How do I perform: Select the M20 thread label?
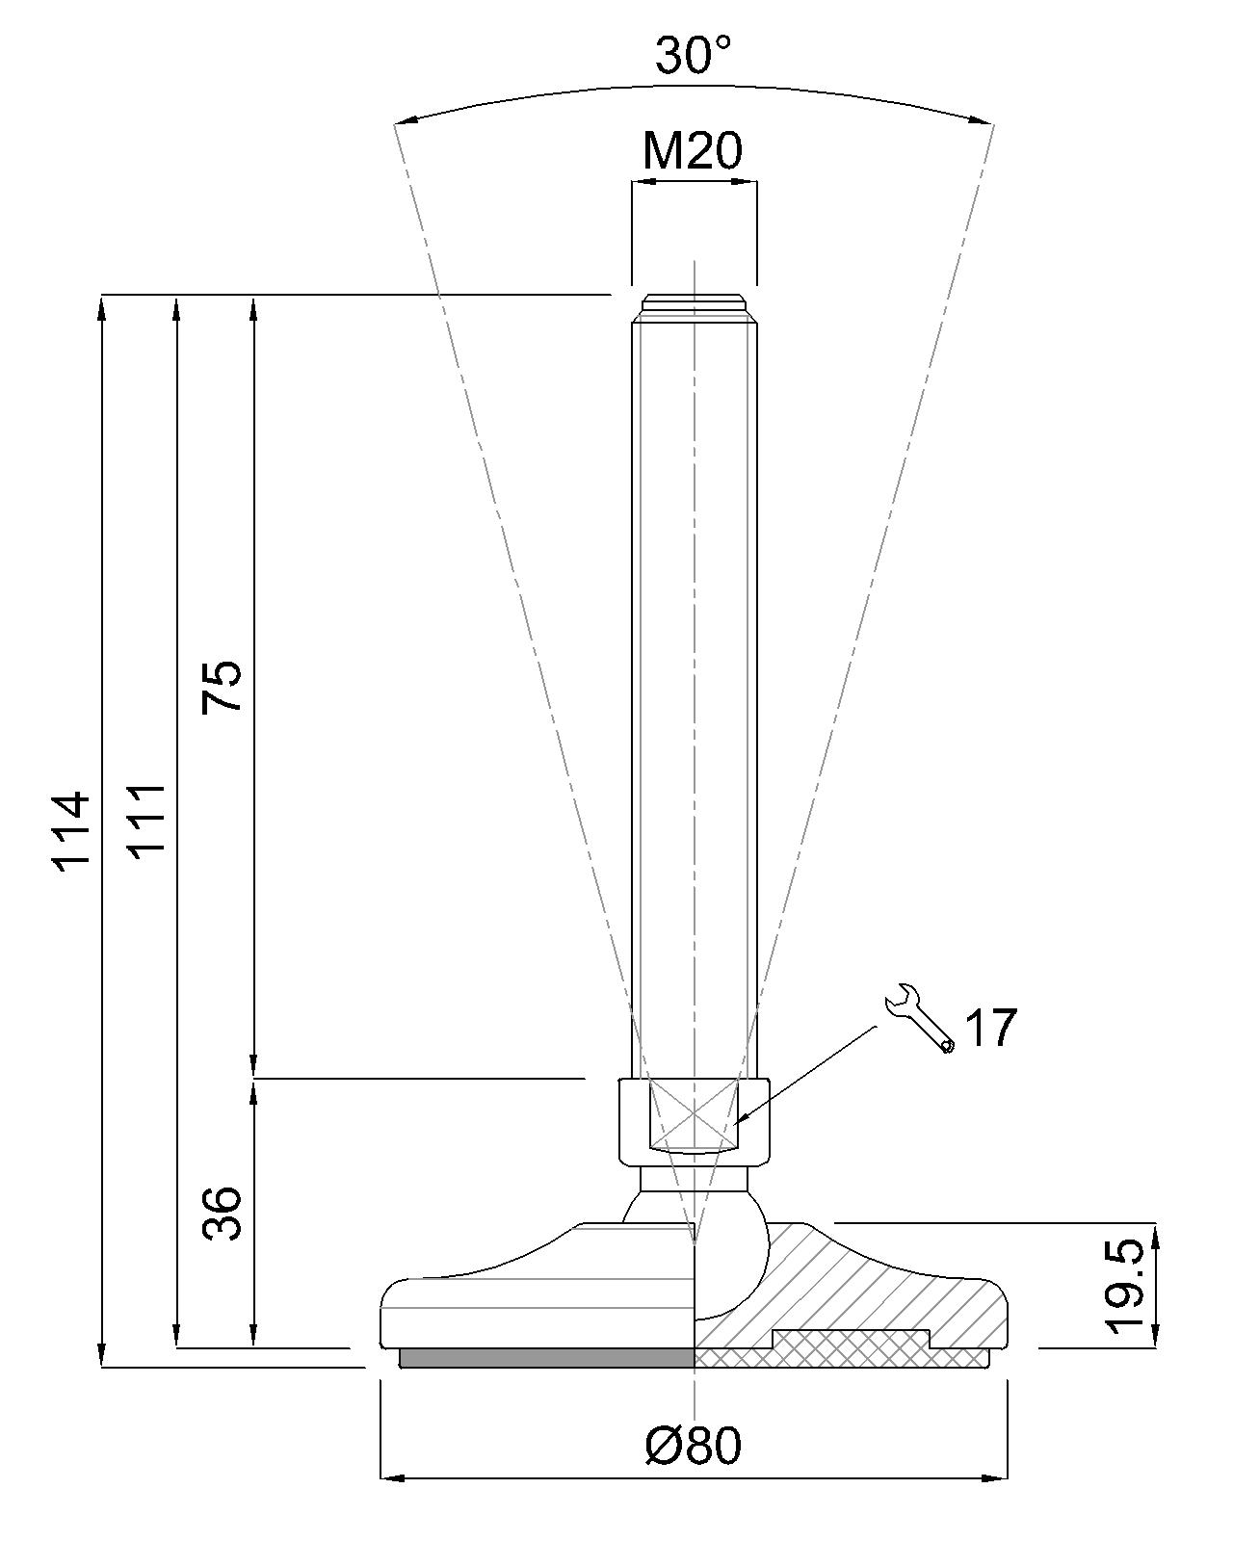point(693,151)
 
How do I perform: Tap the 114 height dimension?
point(71,831)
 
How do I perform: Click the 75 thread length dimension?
point(222,686)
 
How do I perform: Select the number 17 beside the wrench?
point(991,1028)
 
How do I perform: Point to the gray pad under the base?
point(546,1358)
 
